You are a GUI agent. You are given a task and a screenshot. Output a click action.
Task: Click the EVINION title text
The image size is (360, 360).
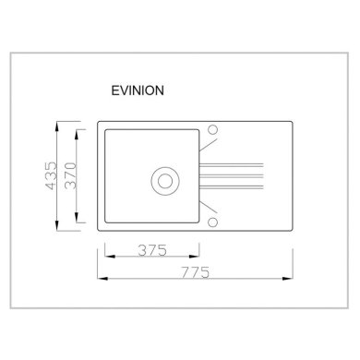[138, 90]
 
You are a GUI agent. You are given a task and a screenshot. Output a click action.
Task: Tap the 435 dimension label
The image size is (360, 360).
[51, 175]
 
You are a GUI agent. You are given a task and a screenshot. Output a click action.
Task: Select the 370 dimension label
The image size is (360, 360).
[71, 175]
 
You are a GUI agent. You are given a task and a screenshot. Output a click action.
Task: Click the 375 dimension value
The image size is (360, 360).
[152, 250]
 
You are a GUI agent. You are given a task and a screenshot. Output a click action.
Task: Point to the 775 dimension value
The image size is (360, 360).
[195, 272]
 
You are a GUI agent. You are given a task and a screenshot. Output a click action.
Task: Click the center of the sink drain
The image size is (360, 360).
[165, 181]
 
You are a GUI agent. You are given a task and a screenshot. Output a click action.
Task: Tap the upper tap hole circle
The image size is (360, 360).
[212, 129]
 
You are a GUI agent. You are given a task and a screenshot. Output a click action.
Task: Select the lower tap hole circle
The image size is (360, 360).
[212, 222]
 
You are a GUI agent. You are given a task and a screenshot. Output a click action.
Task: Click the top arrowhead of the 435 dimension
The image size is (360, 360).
[57, 126]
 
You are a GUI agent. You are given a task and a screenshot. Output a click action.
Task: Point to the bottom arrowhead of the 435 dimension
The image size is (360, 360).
[57, 225]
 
